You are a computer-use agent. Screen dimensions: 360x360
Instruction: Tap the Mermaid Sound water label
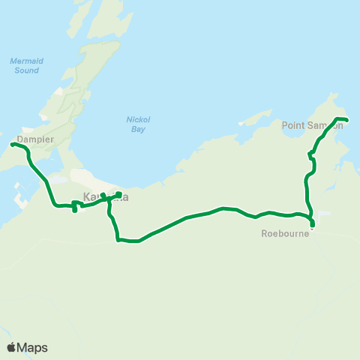pos(25,66)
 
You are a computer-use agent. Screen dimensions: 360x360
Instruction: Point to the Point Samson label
pos(312,125)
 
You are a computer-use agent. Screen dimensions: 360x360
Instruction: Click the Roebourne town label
pos(280,233)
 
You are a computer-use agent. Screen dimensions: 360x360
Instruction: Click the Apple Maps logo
pos(27,347)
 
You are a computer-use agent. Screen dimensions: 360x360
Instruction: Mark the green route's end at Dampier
pos(13,144)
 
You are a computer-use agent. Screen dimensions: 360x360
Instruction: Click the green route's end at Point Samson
pos(346,120)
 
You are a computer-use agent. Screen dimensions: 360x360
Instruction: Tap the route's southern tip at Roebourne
pos(312,226)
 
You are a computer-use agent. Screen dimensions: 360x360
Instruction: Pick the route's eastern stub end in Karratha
pos(119,195)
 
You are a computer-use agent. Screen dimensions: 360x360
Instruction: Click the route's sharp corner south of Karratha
pos(118,240)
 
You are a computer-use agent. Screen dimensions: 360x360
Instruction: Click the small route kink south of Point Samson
pos(310,155)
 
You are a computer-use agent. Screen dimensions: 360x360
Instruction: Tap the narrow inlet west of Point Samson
pos(255,120)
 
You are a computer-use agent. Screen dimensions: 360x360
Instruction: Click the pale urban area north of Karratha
pos(90,178)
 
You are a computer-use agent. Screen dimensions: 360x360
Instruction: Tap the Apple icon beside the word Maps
pos(11,347)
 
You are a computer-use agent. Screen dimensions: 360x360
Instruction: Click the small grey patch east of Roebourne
pos(323,213)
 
